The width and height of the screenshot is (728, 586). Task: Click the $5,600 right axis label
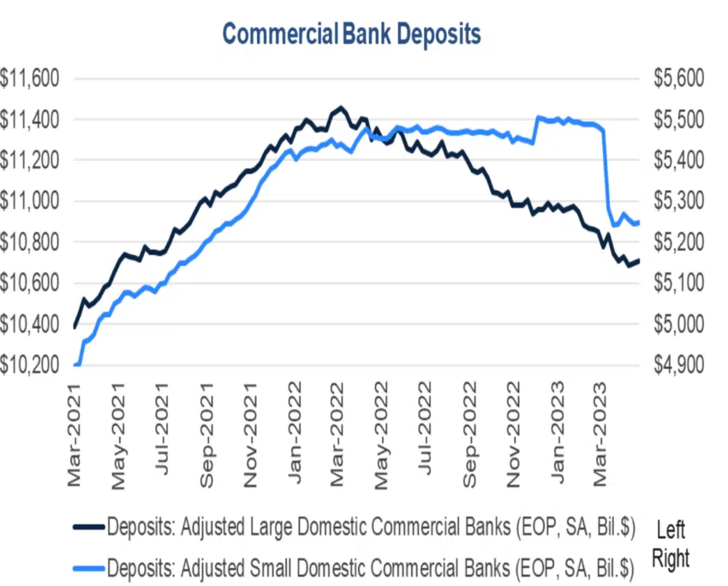click(677, 80)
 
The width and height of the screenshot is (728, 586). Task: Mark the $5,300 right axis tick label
click(677, 202)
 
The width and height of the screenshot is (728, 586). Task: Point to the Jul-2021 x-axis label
click(164, 436)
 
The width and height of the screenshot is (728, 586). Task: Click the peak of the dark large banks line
click(341, 108)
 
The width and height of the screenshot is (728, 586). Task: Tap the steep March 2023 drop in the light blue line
click(606, 171)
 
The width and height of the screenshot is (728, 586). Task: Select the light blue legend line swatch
click(88, 566)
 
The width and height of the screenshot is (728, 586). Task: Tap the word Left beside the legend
click(671, 530)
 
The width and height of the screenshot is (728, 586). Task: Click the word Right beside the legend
click(671, 559)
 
